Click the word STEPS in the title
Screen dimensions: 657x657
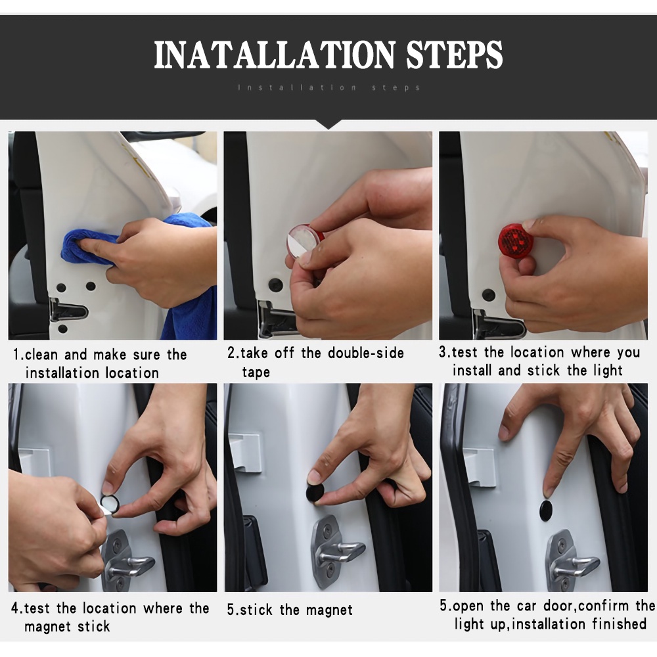(455, 55)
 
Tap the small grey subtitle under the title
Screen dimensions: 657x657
(329, 87)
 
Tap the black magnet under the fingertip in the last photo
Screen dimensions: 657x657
(545, 510)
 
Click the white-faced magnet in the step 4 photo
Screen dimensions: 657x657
(110, 504)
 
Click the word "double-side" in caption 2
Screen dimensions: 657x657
(366, 353)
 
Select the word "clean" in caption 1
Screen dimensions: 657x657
(41, 355)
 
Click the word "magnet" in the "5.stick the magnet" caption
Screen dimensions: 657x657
(329, 610)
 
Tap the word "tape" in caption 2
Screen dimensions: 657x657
(256, 372)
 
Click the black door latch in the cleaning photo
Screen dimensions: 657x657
(68, 311)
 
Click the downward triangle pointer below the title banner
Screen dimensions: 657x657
(328, 124)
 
